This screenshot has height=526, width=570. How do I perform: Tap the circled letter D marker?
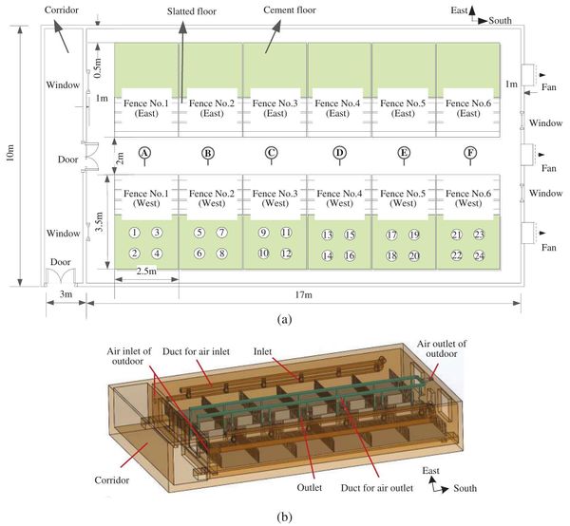click(x=339, y=152)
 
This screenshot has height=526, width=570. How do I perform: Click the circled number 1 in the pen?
click(x=135, y=233)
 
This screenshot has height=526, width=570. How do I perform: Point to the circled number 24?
click(x=480, y=255)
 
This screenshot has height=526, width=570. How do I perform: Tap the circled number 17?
click(x=391, y=235)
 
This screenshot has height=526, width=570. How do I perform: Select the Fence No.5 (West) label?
click(x=403, y=197)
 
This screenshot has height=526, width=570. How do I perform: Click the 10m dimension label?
click(x=10, y=157)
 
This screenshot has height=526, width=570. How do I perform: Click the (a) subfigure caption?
click(x=283, y=321)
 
